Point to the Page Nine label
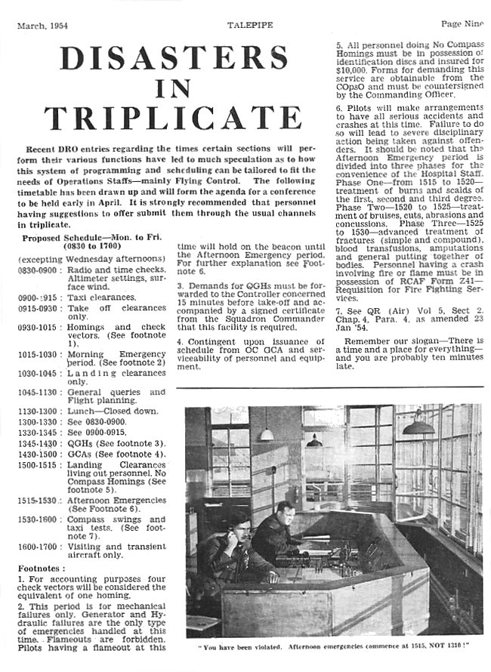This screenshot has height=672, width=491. (462, 25)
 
